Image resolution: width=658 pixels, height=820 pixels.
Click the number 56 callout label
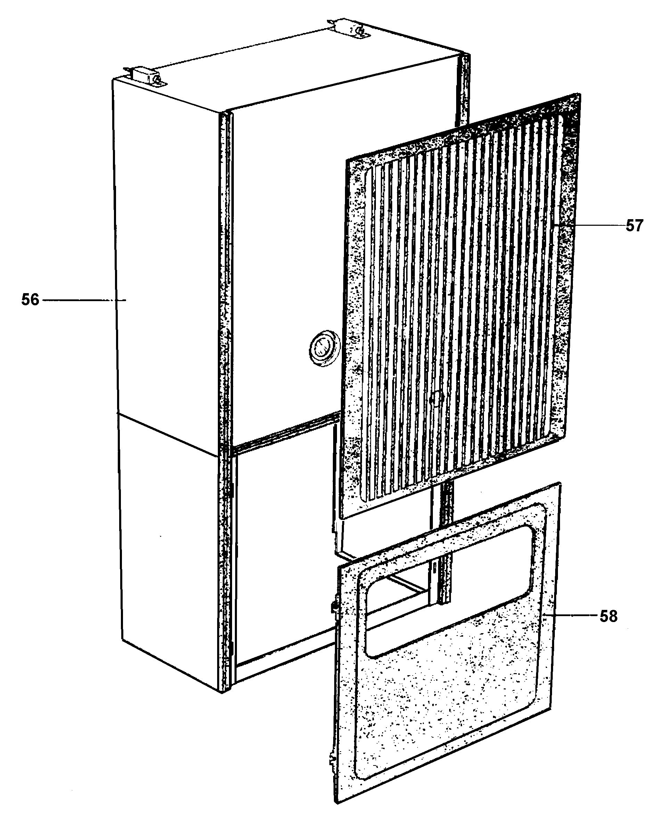click(x=30, y=300)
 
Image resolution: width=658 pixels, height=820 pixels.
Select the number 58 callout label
click(x=608, y=616)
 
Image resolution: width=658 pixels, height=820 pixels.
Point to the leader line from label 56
click(x=84, y=300)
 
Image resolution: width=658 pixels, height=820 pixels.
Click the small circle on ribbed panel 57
click(x=436, y=398)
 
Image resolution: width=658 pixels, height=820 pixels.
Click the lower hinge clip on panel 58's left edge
click(x=332, y=760)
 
